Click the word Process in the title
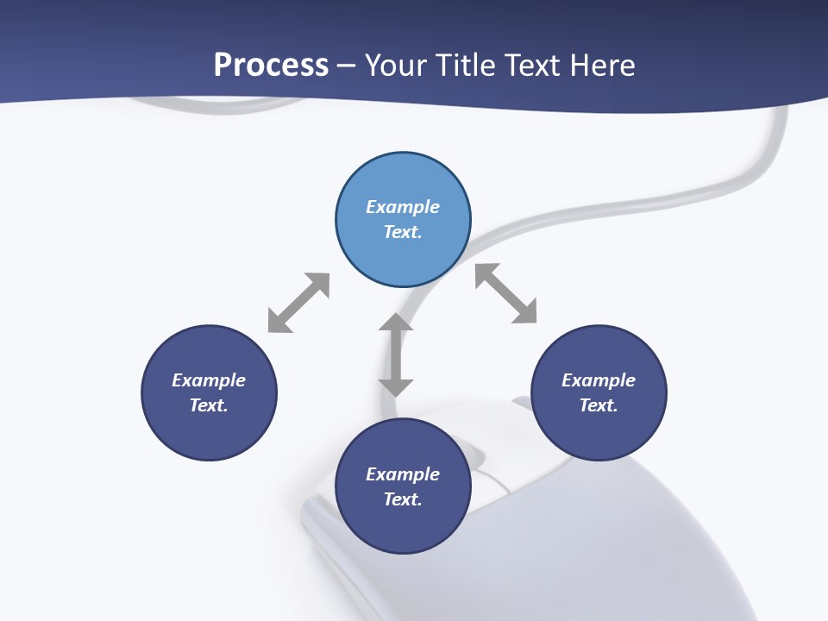[271, 66]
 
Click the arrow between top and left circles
[298, 303]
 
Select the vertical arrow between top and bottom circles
[396, 354]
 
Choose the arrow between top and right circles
[506, 293]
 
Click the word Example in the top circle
[403, 207]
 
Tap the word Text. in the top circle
[403, 232]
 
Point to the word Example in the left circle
[209, 380]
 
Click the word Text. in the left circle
[209, 405]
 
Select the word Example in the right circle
[599, 380]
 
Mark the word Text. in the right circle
[599, 405]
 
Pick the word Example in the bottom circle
[403, 474]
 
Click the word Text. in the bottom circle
[403, 499]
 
